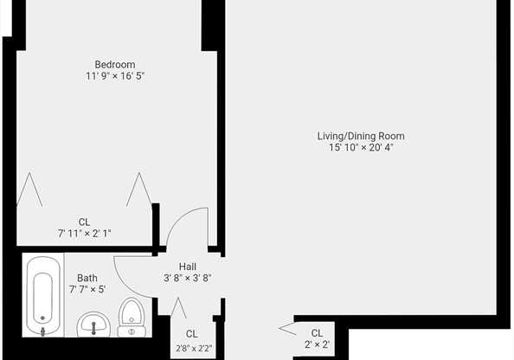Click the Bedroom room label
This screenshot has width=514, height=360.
tap(114, 64)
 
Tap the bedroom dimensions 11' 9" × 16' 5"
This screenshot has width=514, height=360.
tap(114, 76)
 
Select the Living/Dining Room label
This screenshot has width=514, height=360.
tap(361, 136)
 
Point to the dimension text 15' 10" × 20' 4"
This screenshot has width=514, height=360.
tap(361, 147)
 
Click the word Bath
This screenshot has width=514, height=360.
tap(87, 278)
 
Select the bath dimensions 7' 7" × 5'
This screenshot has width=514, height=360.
tap(87, 289)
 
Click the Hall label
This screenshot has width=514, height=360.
tap(188, 267)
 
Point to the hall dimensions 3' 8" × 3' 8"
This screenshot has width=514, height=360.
tap(188, 279)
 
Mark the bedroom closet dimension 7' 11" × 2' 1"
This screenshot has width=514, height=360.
tap(84, 234)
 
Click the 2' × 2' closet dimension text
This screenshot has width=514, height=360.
tap(317, 345)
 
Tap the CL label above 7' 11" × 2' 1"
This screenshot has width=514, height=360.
tap(84, 222)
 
